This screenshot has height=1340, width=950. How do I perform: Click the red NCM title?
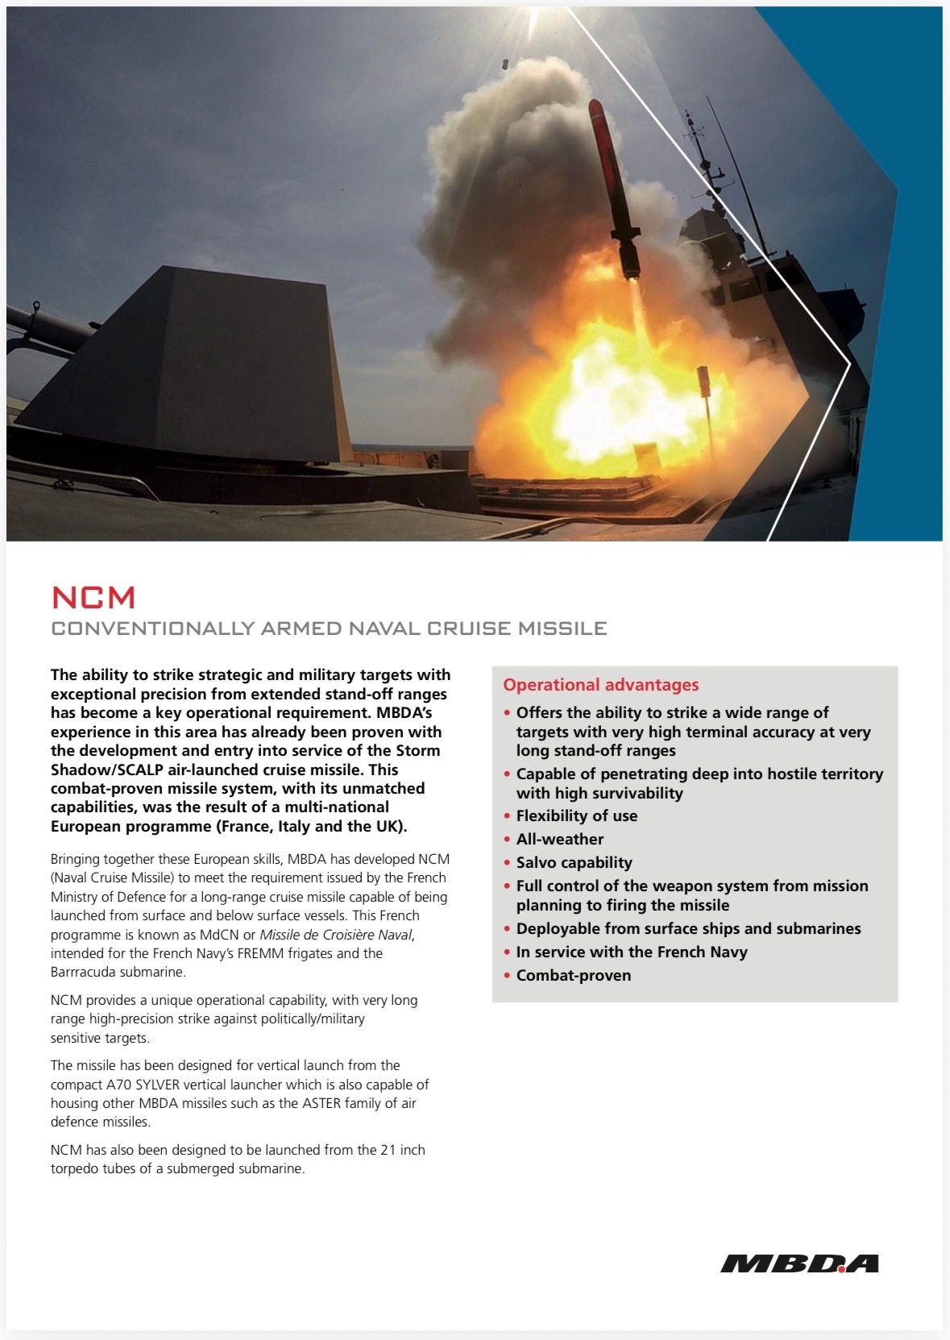coord(93,598)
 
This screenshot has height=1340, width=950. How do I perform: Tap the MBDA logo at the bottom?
coord(799,1263)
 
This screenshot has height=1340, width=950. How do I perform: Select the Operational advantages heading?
coord(600,685)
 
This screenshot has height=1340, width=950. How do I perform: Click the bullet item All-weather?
coord(559,839)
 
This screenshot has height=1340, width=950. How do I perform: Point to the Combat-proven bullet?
coord(573,975)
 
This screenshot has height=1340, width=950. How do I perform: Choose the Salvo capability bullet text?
coord(574,862)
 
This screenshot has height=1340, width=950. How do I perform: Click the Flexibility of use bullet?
coord(576,815)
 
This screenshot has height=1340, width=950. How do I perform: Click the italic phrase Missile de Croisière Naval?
coord(336,935)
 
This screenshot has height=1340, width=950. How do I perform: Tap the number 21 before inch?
coord(388,1150)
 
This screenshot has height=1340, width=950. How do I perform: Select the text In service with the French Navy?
coord(631,952)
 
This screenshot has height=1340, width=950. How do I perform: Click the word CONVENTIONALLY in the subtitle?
coord(152,629)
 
